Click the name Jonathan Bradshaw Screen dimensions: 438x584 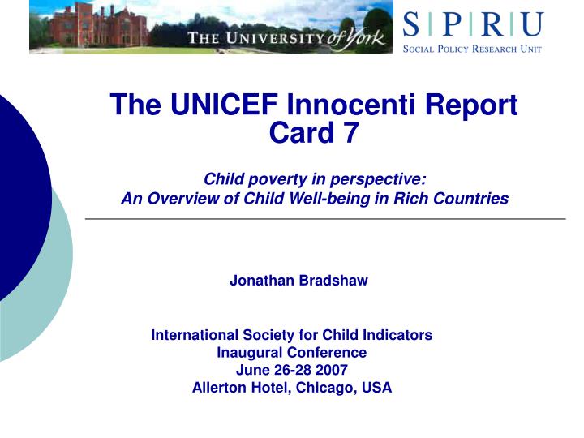[298, 281]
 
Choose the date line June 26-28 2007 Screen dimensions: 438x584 [292, 370]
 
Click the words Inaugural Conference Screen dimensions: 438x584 [292, 352]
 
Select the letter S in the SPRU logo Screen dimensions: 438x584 [411, 24]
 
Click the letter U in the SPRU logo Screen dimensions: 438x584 [532, 24]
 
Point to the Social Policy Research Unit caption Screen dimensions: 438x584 [473, 49]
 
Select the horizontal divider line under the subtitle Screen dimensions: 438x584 [324, 219]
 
